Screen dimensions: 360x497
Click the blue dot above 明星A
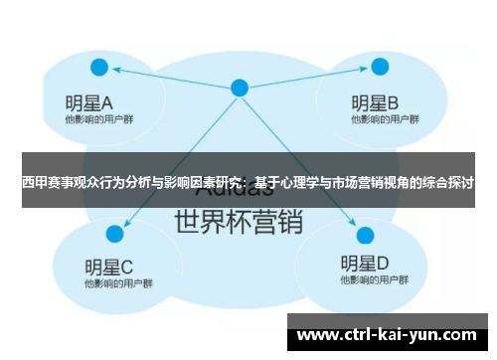(x=98, y=68)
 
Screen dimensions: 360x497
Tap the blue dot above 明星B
(x=380, y=68)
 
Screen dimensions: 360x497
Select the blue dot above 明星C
(x=115, y=234)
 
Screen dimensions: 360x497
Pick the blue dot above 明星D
(x=364, y=236)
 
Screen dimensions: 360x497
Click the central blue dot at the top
(x=239, y=88)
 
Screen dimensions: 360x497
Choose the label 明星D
(x=364, y=265)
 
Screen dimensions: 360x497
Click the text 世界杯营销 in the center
(x=238, y=220)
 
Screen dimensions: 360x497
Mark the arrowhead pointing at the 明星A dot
(x=116, y=70)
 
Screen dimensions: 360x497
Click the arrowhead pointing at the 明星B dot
(x=362, y=70)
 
